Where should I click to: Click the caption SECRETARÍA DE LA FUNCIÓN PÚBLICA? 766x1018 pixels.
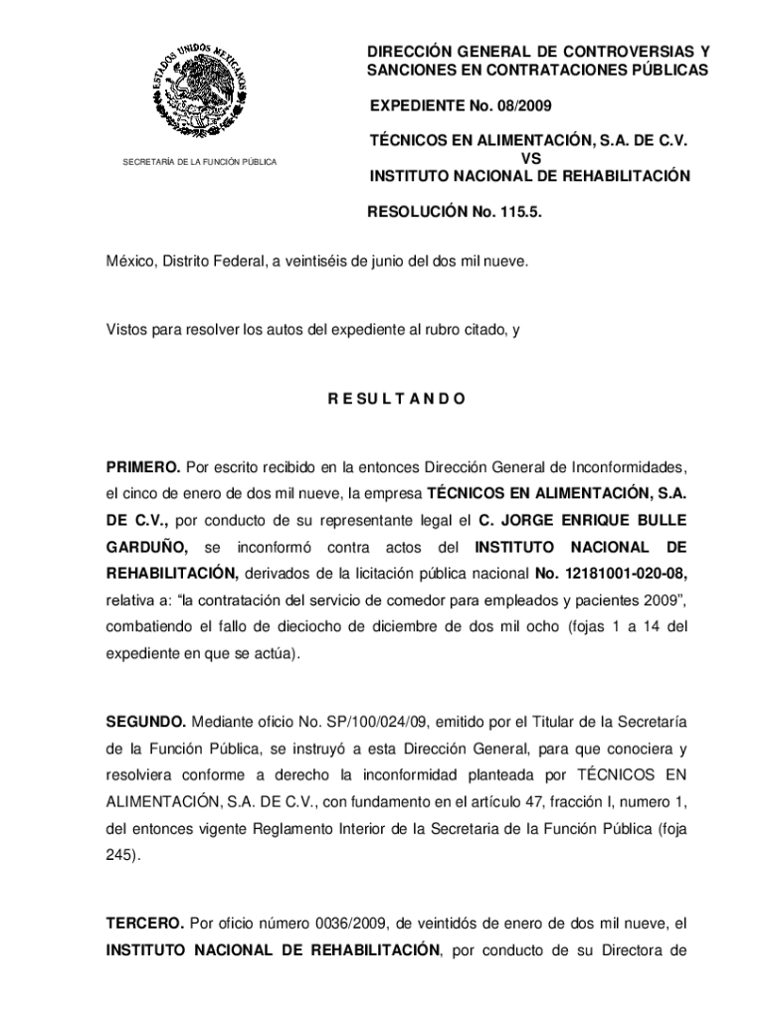tap(199, 161)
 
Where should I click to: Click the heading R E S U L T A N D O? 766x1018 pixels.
tap(396, 400)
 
